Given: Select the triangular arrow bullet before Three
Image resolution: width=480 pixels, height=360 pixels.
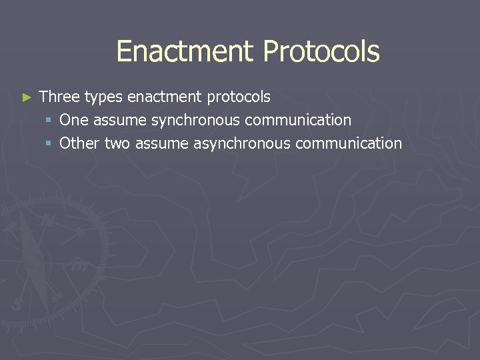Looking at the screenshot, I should (x=27, y=97).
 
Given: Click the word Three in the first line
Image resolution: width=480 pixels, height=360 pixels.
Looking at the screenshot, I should (x=60, y=97).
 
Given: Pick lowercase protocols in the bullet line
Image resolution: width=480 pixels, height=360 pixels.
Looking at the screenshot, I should (x=239, y=97).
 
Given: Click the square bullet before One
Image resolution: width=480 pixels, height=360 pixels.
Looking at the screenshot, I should (x=50, y=121).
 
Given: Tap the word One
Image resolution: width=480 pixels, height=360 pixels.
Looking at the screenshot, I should (x=74, y=120).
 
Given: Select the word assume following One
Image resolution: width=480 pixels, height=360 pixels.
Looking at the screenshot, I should (x=120, y=121).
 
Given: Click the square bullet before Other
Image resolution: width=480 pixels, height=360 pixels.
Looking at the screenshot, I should (x=50, y=144).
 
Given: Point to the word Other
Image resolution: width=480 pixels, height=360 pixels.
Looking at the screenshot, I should (x=79, y=143).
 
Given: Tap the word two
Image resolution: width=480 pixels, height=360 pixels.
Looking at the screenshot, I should (x=117, y=143).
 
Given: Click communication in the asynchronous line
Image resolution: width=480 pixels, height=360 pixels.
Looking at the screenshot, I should (x=349, y=143).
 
